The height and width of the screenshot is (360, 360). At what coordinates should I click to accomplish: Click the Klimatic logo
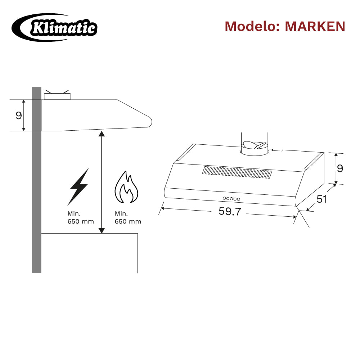tap(54, 28)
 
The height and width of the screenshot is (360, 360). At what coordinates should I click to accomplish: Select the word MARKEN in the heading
tap(315, 26)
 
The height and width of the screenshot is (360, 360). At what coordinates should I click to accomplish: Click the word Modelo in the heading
tap(252, 26)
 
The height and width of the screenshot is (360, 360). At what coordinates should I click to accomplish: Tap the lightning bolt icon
tap(78, 186)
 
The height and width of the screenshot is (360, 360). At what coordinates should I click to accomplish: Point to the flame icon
tap(126, 187)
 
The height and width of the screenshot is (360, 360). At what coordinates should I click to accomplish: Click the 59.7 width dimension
tap(230, 211)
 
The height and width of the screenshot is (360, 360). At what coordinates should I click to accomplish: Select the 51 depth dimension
tap(321, 199)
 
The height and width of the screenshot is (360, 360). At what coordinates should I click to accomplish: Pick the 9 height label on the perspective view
tap(340, 168)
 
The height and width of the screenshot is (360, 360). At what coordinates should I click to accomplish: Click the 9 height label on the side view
tap(19, 115)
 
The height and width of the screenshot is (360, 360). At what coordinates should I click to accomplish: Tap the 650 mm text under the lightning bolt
tap(81, 221)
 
